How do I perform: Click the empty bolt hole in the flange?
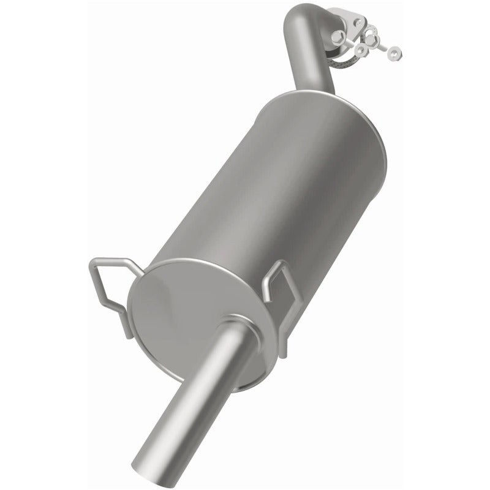coord(358,22)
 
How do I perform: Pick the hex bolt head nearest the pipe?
coord(337,37)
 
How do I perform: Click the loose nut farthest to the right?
coord(394,53)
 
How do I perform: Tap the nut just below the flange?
coord(361,50)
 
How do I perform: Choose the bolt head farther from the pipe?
coord(372,40)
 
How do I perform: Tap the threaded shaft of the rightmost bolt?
coord(382,47)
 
